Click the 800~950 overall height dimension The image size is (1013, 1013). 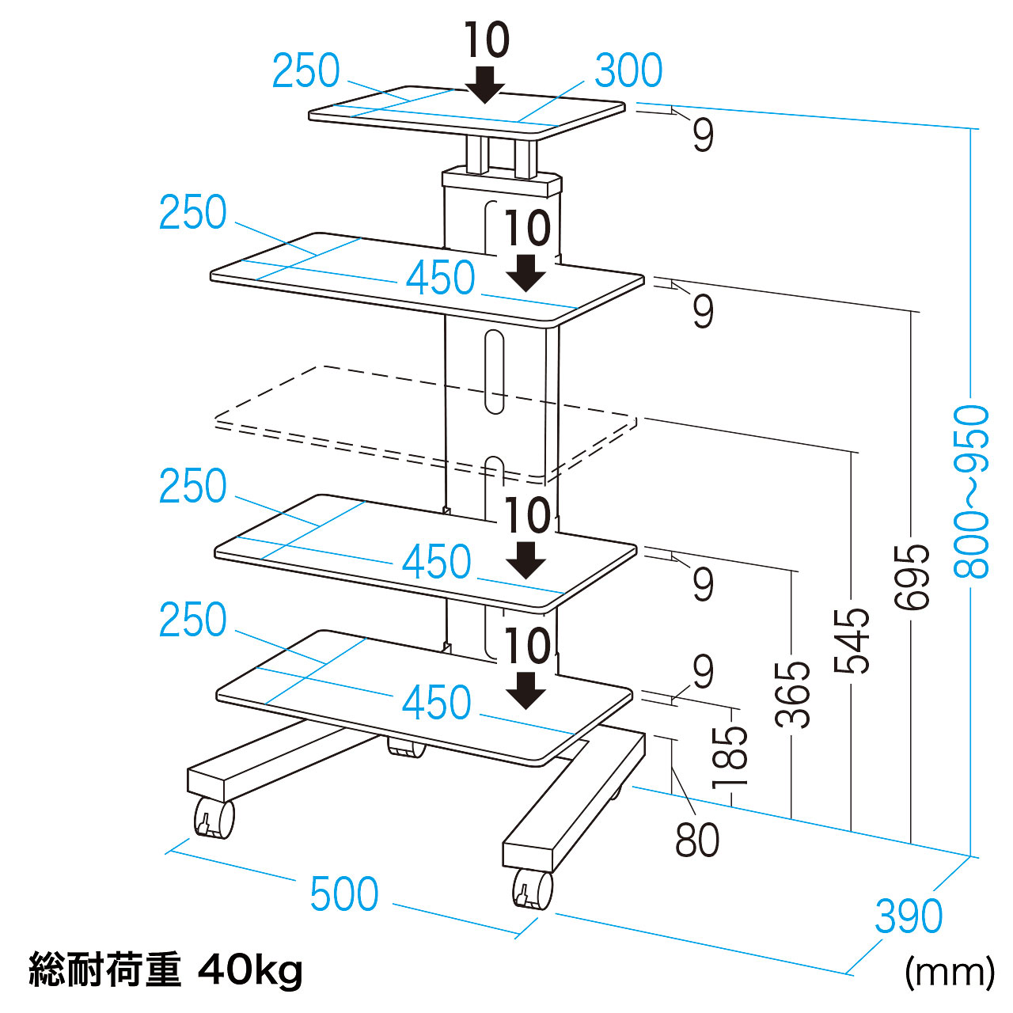coord(972,491)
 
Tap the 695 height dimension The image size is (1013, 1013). coord(912,576)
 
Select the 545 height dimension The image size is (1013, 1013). coord(852,639)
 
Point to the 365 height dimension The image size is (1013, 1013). coord(792,693)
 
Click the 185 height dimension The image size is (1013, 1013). coord(730,757)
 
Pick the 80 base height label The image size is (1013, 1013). coord(697,840)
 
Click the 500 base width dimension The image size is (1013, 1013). coord(344,894)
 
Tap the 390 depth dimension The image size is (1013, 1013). coord(909,916)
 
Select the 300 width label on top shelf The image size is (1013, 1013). coord(628,71)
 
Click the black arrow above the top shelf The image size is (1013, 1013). coord(484,84)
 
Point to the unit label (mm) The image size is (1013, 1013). coord(949,971)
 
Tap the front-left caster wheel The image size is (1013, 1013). coord(214,818)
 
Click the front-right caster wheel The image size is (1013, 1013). coord(533,888)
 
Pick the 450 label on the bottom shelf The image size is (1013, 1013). coord(437,703)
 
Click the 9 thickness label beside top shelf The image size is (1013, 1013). coord(703,135)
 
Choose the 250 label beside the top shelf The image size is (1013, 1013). coord(305,71)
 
